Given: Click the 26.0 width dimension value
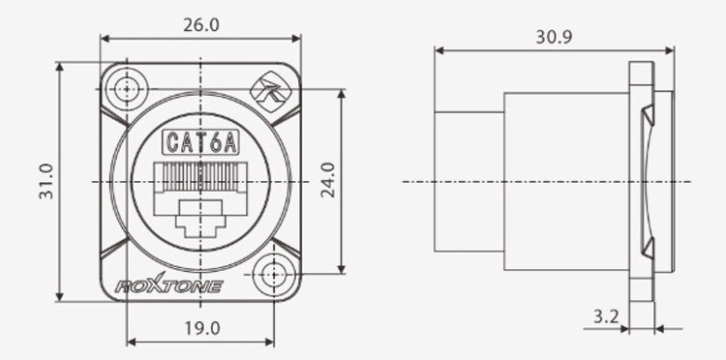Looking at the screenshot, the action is [201, 25].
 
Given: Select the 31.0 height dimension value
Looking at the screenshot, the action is [46, 181].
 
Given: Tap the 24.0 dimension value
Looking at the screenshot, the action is [328, 180].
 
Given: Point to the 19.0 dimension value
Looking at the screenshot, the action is [202, 328].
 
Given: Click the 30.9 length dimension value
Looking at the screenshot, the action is [554, 37].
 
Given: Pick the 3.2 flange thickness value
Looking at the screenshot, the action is [606, 317].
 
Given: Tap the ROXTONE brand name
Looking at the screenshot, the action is [169, 285].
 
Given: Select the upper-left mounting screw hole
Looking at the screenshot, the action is [126, 89].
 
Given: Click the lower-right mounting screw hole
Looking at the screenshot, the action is [274, 275].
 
